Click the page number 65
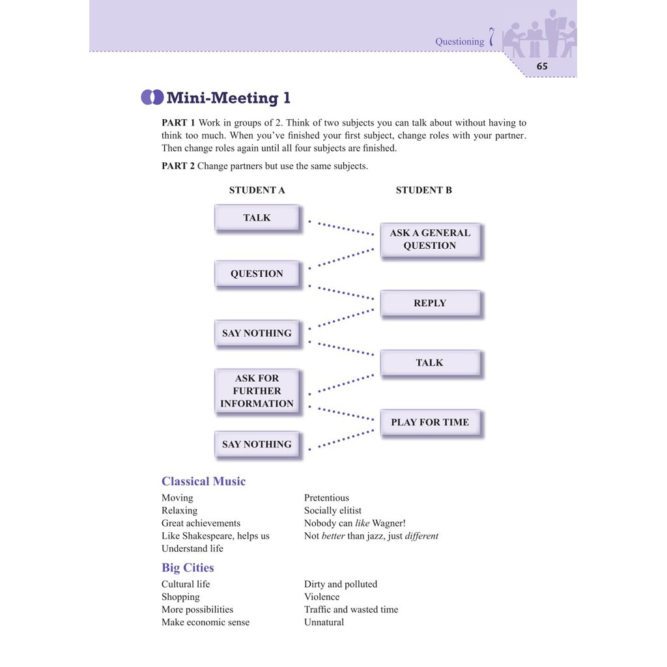[542, 66]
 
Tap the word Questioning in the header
[459, 42]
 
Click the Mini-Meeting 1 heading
[228, 98]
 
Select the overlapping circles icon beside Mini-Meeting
[152, 98]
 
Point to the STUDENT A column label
[257, 190]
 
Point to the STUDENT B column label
[423, 190]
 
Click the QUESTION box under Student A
[257, 274]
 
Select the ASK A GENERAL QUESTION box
[430, 239]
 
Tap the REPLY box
[430, 303]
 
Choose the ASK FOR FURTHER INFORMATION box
[257, 391]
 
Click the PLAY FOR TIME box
[430, 422]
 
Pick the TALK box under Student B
[430, 363]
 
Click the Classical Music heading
[203, 481]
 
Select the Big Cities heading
[188, 567]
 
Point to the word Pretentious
[326, 498]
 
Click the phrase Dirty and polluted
[341, 584]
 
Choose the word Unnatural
[324, 622]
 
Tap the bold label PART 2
[178, 166]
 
